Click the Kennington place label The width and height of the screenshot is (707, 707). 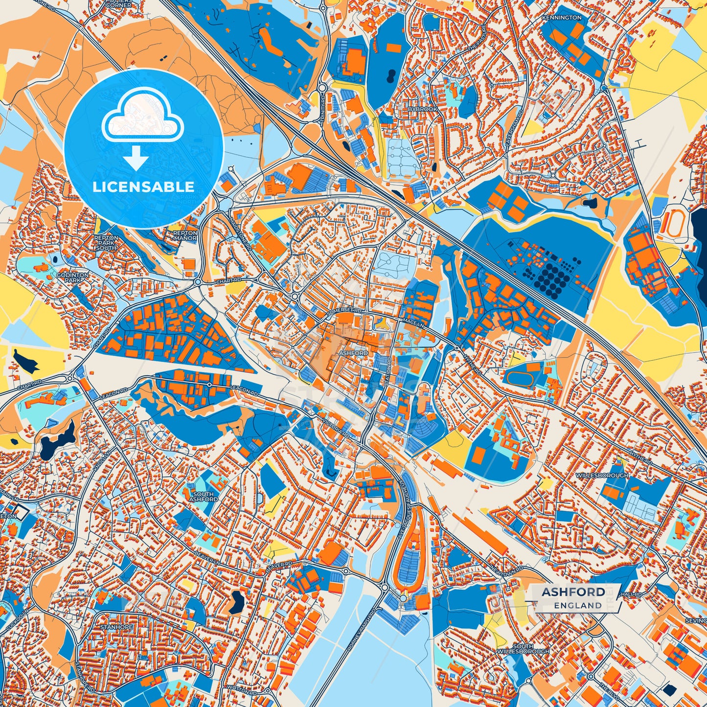[x=562, y=18]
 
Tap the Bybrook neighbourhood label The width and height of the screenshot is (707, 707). [x=423, y=109]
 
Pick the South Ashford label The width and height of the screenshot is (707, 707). [x=203, y=496]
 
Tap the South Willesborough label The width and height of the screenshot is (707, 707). [x=523, y=649]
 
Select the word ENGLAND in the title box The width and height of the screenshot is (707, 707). [x=578, y=605]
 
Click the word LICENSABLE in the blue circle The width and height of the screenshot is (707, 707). [x=144, y=187]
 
